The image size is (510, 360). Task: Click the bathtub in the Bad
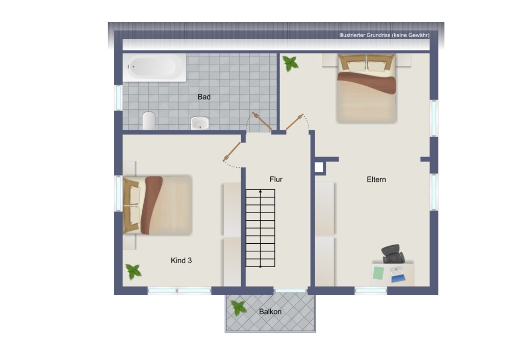point(155,67)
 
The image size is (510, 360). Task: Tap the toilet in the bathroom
point(149,121)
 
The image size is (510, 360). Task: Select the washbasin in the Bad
point(200,123)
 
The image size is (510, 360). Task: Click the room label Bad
point(204,97)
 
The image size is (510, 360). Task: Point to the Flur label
point(276,179)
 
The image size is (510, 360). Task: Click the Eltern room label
point(376,179)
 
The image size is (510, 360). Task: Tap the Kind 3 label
point(181,261)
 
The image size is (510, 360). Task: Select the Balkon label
point(270,312)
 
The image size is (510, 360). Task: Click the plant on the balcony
point(238,307)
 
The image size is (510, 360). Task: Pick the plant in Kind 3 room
point(133,272)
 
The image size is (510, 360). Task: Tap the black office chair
point(393,253)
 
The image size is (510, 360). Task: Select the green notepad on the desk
point(378,273)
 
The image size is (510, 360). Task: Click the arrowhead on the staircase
point(260,192)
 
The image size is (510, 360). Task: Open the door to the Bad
point(262,121)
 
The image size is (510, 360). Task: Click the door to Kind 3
point(232,152)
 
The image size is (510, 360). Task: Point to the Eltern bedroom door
point(294,122)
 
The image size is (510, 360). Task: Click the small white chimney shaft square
point(319,167)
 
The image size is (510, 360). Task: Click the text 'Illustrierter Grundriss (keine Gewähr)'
point(384,35)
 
